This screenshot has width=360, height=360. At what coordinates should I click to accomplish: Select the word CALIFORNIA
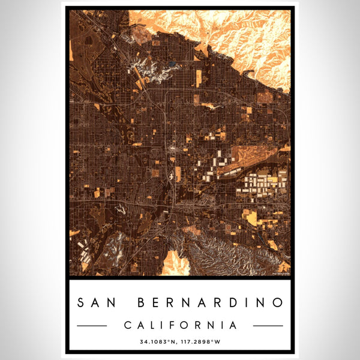tap(180, 325)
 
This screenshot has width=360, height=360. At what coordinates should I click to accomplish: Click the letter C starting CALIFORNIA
tap(127, 325)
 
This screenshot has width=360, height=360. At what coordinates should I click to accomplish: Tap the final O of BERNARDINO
tap(277, 302)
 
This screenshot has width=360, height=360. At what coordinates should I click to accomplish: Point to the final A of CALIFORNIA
tap(233, 325)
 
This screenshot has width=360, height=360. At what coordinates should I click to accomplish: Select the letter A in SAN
tap(97, 302)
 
